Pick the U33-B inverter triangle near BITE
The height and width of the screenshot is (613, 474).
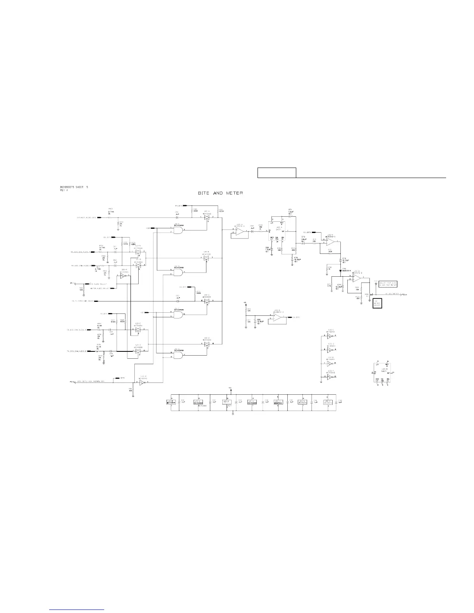pyautogui.click(x=142, y=382)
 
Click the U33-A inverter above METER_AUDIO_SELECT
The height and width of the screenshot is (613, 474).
pyautogui.click(x=123, y=276)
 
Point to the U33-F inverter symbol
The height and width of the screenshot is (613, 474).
pyautogui.click(x=330, y=377)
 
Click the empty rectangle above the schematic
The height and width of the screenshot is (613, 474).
pyautogui.click(x=277, y=173)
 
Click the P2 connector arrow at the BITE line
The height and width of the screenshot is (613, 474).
pyautogui.click(x=72, y=382)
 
